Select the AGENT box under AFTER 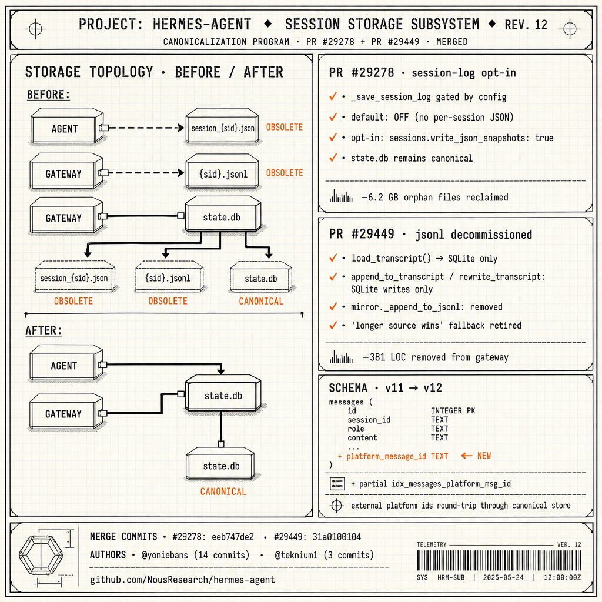point(66,363)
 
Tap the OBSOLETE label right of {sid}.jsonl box point(285,173)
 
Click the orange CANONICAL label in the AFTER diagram point(223,491)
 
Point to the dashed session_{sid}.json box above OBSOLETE point(75,276)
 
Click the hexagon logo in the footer point(41,555)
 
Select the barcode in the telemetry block point(499,560)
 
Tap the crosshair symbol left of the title point(35,28)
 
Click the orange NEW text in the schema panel point(484,456)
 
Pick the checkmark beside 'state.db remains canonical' point(333,158)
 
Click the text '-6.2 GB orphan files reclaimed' point(435,198)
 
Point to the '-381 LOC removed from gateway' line point(436,357)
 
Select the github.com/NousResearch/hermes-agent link point(182,579)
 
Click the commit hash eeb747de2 point(233,537)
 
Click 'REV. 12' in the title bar point(526,25)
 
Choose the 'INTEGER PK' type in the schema point(453,411)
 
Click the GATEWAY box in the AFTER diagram point(66,412)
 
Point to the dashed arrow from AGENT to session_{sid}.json point(145,128)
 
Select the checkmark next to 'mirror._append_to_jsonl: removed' point(333,306)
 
